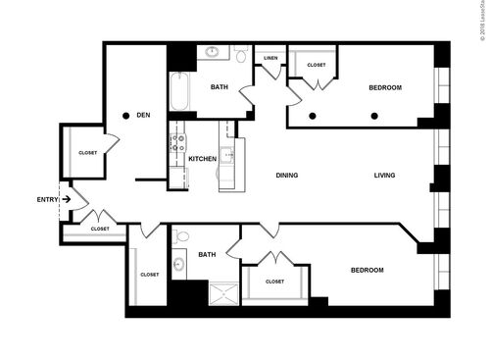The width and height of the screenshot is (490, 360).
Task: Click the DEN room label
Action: [x=143, y=115]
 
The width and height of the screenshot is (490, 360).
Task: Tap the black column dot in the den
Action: [x=126, y=116]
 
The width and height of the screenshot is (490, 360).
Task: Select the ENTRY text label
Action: [x=47, y=199]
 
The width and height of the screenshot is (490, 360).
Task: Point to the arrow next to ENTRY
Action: [x=66, y=199]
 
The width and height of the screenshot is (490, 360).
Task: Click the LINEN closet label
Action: [x=270, y=58]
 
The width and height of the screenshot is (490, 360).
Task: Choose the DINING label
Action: [x=286, y=176]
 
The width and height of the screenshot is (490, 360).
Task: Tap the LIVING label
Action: [x=384, y=176]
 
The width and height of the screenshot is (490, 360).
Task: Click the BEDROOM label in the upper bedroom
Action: [x=385, y=87]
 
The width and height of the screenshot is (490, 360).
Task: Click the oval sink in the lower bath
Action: [x=179, y=264]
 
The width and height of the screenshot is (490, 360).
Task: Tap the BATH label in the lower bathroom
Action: [x=207, y=254]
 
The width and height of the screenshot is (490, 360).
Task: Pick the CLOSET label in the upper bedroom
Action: [x=316, y=65]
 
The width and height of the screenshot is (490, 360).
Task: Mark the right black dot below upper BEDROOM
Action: [x=374, y=116]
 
